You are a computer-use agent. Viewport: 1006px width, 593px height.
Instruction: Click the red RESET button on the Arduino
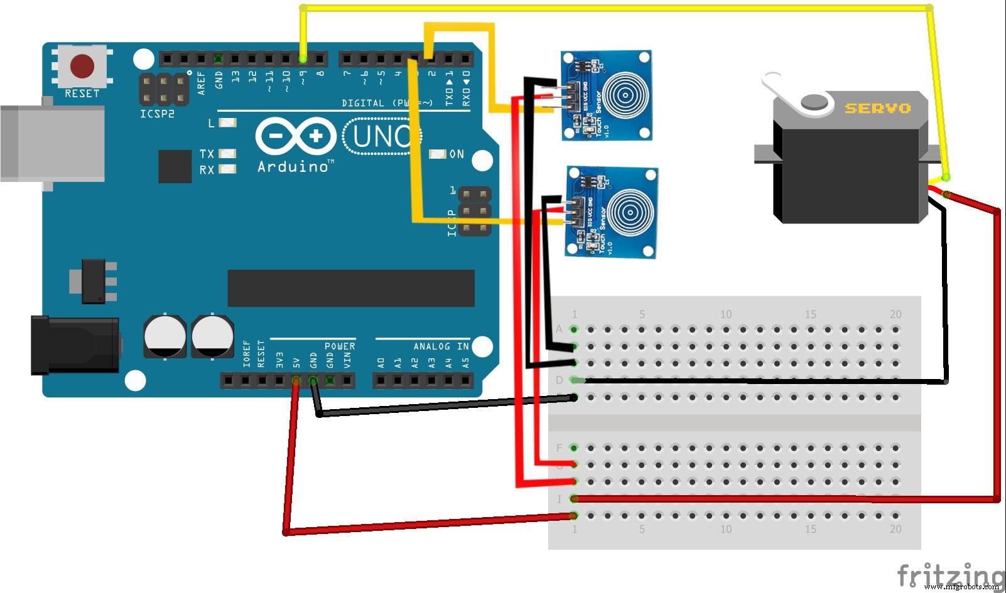tap(82, 66)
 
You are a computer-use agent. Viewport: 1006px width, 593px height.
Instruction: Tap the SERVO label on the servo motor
tap(877, 109)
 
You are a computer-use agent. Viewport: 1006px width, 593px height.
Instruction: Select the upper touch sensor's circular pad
tap(624, 95)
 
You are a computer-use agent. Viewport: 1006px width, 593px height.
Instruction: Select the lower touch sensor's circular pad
tap(630, 213)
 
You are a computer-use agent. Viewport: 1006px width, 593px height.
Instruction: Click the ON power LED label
tap(457, 154)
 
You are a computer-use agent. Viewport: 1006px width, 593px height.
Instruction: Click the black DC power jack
tap(75, 346)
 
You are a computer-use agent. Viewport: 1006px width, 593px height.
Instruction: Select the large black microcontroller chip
tap(350, 288)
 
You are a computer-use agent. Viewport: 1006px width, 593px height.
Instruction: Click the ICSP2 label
tap(157, 114)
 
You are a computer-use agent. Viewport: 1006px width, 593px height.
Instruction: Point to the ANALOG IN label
tap(441, 346)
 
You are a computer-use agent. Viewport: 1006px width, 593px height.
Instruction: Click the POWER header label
tap(340, 346)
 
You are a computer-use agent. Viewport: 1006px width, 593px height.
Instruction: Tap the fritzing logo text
tap(949, 575)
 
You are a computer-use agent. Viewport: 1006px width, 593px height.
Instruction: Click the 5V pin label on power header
tap(296, 360)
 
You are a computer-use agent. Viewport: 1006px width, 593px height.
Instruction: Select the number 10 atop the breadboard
tap(726, 314)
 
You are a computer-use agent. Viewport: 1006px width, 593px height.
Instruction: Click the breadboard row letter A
tap(559, 329)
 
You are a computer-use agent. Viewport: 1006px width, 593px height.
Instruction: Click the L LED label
tap(212, 123)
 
